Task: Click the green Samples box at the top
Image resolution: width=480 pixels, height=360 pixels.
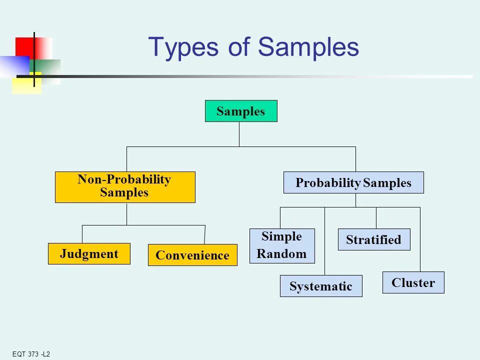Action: [241, 111]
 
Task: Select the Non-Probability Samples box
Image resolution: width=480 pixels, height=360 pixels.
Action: [125, 187]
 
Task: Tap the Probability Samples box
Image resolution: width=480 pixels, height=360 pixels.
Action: [353, 182]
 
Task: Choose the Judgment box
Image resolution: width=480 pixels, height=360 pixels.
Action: [89, 253]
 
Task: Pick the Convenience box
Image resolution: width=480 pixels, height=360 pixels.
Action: [192, 255]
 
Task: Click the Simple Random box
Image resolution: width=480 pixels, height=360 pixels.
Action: [282, 245]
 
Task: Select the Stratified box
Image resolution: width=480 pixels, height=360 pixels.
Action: [374, 239]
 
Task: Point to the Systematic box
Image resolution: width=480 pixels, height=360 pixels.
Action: [321, 286]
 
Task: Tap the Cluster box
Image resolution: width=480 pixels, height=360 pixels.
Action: [413, 282]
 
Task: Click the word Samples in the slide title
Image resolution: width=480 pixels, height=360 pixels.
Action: [308, 47]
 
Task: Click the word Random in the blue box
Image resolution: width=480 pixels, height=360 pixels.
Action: [281, 254]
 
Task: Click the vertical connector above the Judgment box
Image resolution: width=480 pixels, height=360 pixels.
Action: [82, 234]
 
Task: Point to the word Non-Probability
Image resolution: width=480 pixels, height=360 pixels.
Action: [124, 180]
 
